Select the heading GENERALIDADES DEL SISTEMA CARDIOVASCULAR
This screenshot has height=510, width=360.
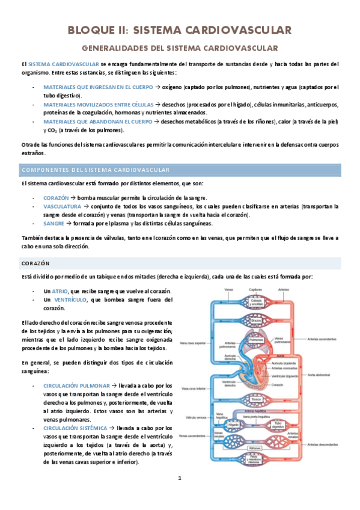180,48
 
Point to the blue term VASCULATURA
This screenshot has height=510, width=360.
63,206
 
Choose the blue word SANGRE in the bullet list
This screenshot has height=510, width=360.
54,223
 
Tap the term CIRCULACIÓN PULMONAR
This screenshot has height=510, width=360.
76,386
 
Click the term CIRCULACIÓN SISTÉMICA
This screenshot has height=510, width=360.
77,428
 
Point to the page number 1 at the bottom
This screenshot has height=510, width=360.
179,478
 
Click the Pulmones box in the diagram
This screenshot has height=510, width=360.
257,340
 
